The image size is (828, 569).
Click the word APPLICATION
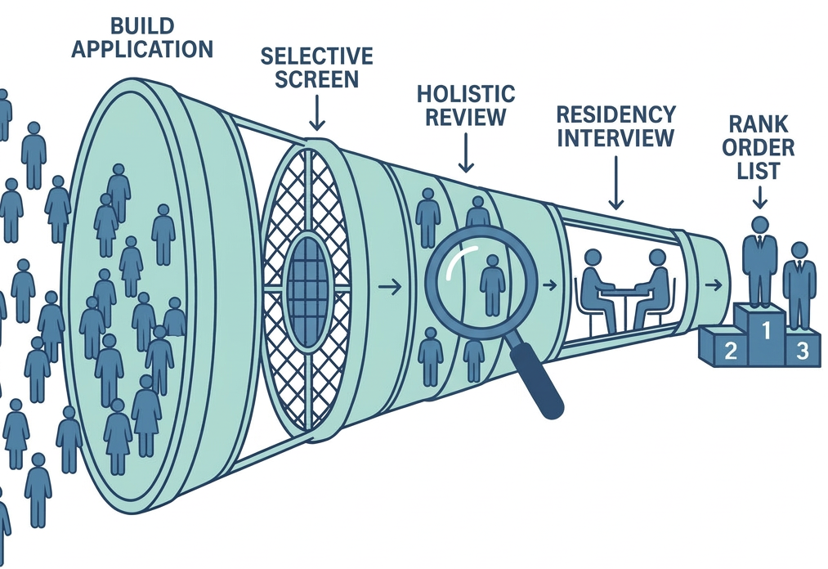142,48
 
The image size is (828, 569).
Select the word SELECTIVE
317,56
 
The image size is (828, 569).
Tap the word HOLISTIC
466,93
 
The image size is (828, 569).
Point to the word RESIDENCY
615,114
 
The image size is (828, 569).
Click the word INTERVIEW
615,137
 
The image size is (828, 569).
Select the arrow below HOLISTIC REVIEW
466,153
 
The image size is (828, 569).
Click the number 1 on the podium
766,330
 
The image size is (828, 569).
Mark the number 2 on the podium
731,352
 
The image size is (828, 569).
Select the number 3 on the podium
802,352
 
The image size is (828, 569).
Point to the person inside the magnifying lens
491,283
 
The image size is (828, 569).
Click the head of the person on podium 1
760,225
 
